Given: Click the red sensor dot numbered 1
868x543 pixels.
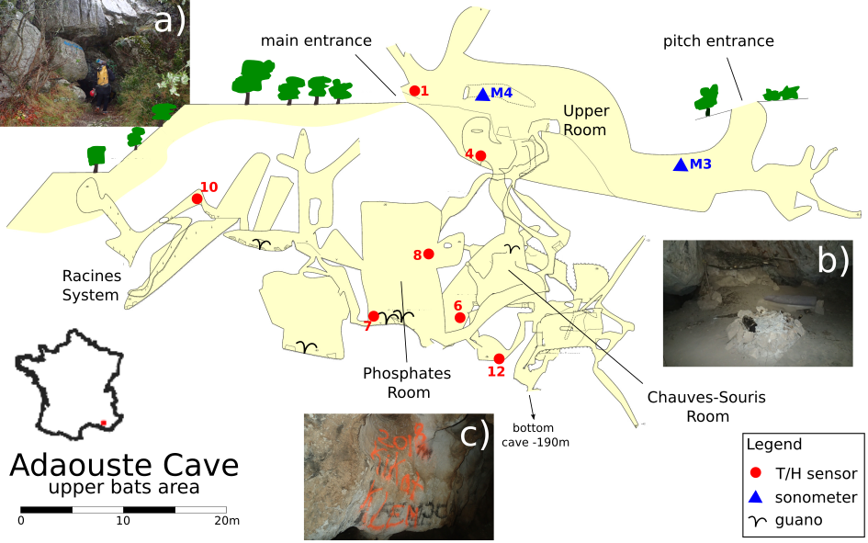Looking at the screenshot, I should coord(414,90).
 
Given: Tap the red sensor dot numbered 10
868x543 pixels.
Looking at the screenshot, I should coord(197,198).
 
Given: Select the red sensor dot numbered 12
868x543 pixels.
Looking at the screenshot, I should coord(499,358).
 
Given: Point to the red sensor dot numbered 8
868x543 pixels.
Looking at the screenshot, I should coord(428,254).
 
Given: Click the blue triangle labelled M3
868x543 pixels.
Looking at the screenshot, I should coord(680,164).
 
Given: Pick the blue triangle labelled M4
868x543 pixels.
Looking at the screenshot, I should coord(482,93).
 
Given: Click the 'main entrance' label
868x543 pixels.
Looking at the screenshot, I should coord(315,40).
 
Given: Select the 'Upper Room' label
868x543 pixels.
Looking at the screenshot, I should coord(585,120).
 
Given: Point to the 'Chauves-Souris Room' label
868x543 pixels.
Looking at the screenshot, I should coord(693,406).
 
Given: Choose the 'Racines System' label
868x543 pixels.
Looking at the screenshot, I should coord(90,285).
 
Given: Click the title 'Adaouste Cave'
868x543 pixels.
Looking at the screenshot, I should coord(124,464).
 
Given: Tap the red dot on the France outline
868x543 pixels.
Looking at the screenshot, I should coord(104,423).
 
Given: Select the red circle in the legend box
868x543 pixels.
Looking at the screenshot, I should coord(757,473).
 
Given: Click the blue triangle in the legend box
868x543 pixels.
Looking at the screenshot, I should coord(757,497).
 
